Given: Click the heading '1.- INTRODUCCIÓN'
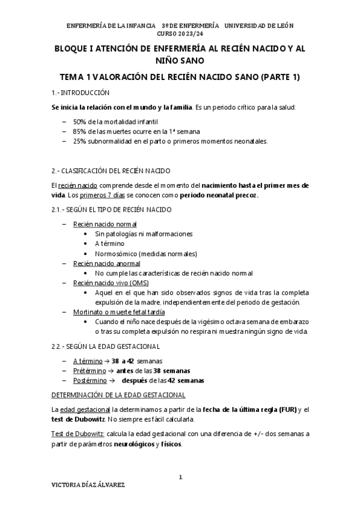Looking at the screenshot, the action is pyautogui.click(x=82, y=93).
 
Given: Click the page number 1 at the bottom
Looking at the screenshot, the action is pyautogui.click(x=180, y=477).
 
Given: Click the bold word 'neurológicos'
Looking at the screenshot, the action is pyautogui.click(x=132, y=444).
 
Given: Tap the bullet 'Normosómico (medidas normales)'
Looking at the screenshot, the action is pyautogui.click(x=145, y=253).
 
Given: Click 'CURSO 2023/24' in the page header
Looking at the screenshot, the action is pyautogui.click(x=180, y=34).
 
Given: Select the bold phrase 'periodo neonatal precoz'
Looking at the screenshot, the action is pyautogui.click(x=222, y=195).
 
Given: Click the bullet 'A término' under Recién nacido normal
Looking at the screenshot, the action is pyautogui.click(x=110, y=244).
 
